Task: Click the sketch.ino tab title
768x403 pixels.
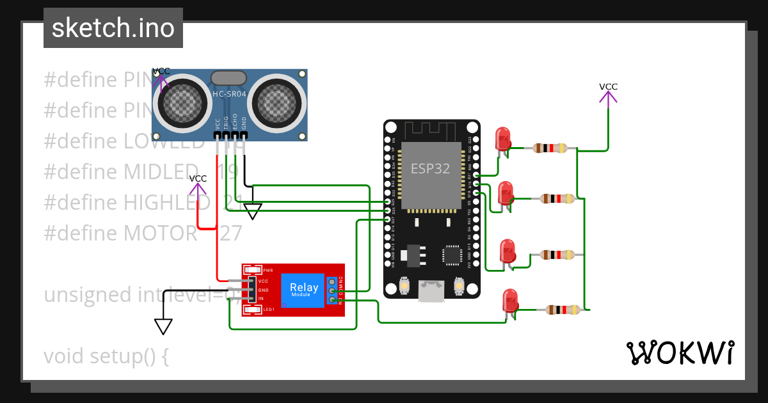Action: [113, 28]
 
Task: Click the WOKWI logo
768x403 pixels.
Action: [679, 352]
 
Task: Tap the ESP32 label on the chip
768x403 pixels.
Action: [430, 169]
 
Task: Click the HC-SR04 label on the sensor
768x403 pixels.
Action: [229, 94]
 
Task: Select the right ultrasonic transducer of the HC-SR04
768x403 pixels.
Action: [276, 100]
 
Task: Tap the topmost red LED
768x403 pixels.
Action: [502, 139]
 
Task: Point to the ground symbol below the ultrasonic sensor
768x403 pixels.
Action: [253, 212]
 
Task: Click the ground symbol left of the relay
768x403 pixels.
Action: [164, 326]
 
